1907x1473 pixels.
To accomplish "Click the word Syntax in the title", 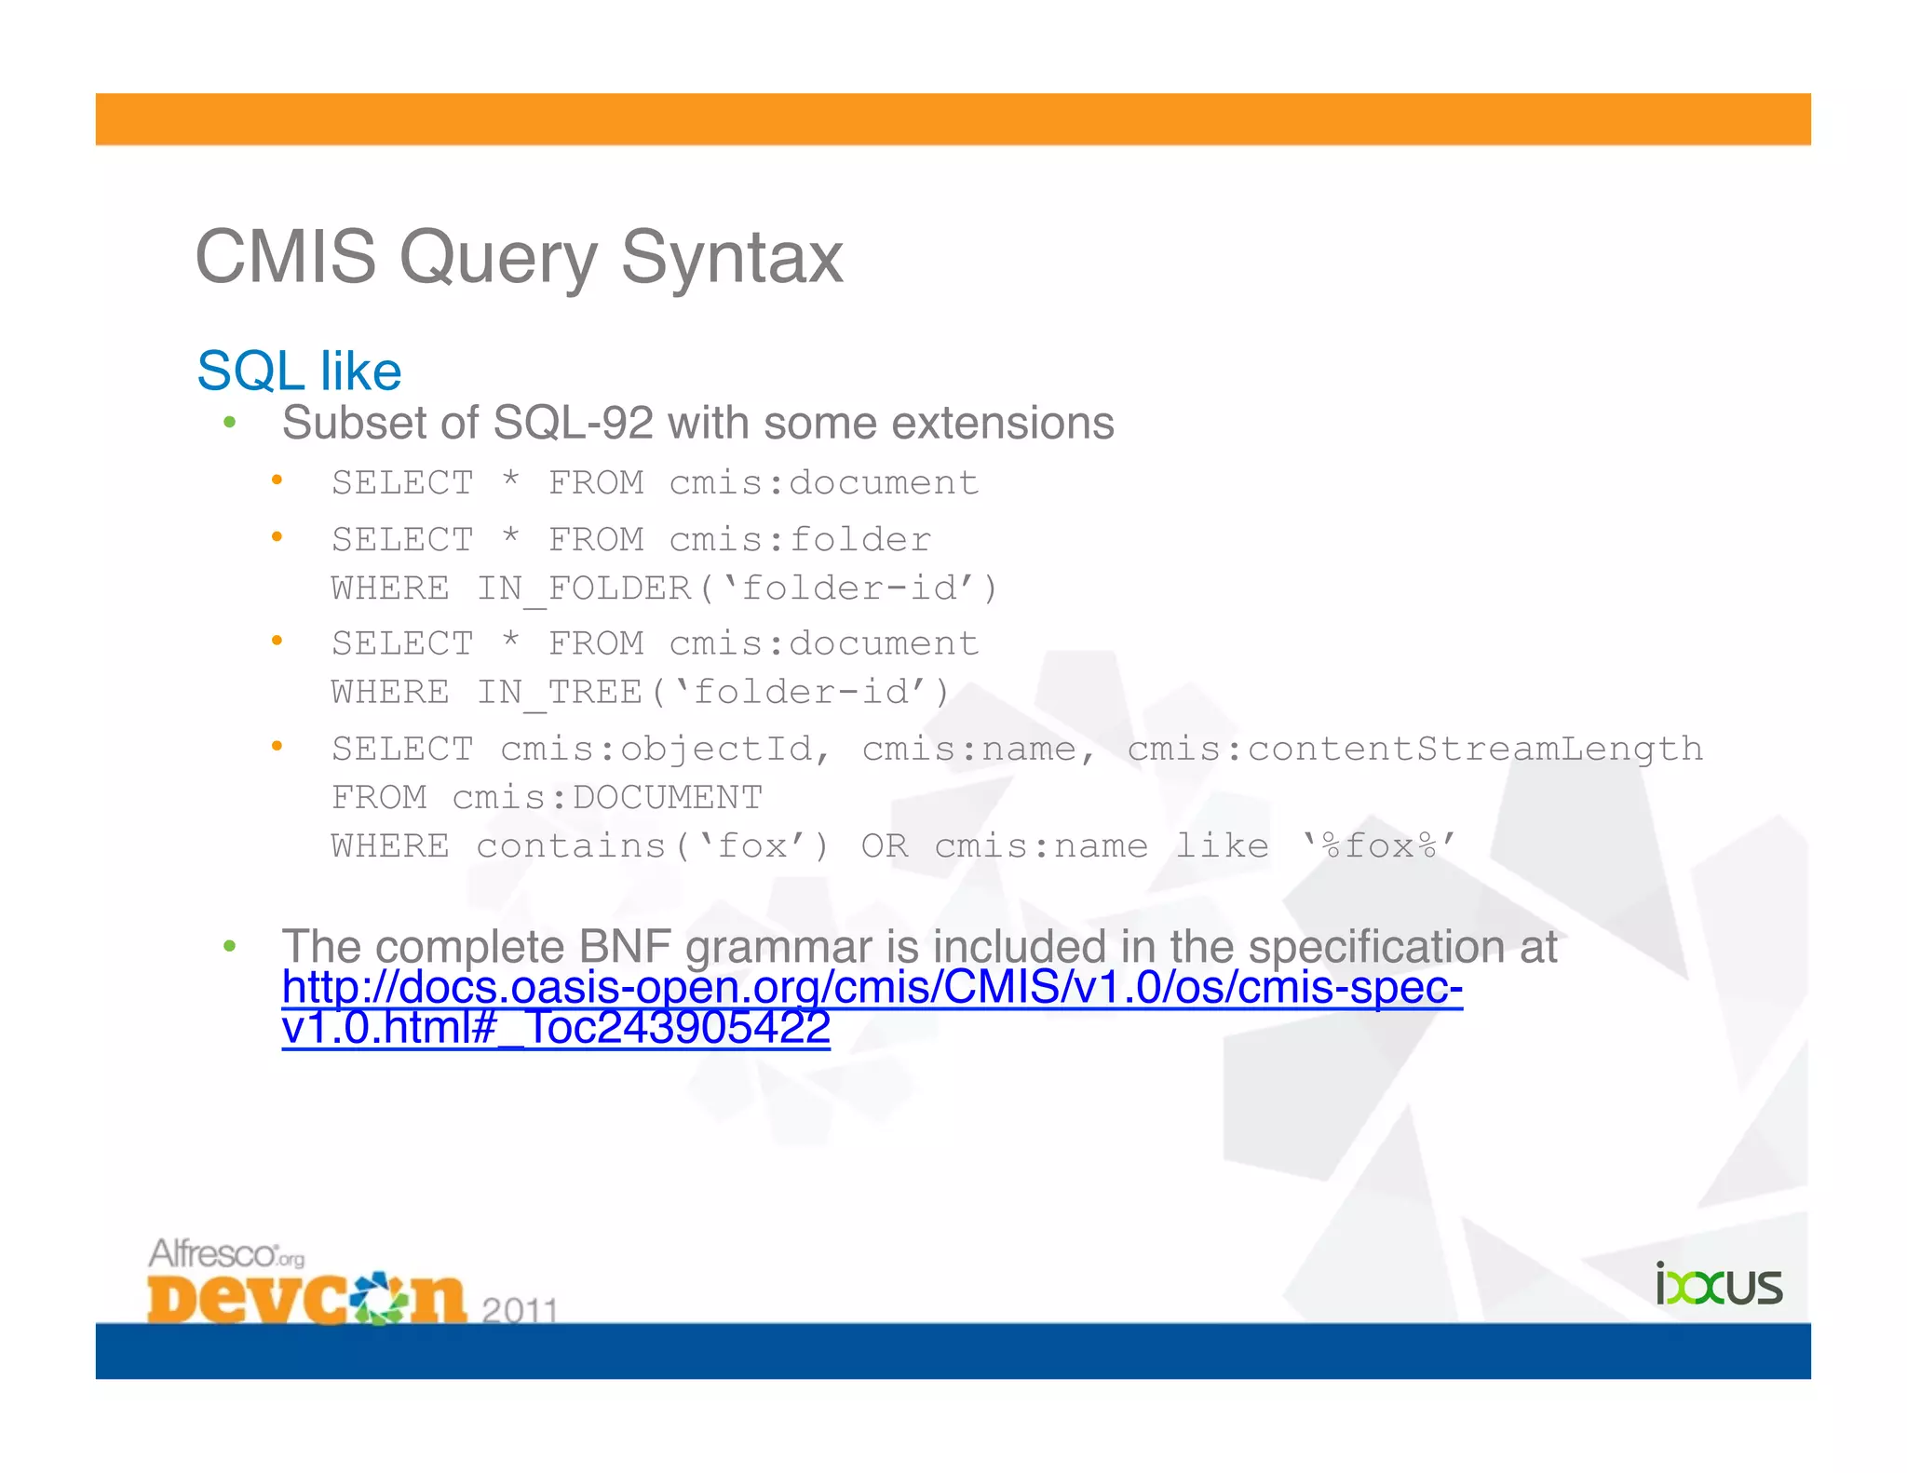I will [731, 258].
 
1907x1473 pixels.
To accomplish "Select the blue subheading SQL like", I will [299, 371].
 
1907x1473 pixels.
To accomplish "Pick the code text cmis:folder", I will [800, 540].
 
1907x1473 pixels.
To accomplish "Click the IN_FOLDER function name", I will [584, 588].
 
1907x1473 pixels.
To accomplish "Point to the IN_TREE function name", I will [560, 693].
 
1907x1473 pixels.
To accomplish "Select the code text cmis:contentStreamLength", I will [1414, 750].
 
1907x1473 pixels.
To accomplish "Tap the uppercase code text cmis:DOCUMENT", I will [607, 798].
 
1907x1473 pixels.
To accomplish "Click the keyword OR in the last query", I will [884, 846].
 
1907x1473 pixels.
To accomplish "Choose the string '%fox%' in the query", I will [1379, 846].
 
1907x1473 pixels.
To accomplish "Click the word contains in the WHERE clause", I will [571, 846].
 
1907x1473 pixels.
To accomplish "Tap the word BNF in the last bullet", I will [624, 947].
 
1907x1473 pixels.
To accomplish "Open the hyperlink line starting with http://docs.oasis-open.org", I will [872, 988].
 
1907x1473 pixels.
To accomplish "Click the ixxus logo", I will [1718, 1285].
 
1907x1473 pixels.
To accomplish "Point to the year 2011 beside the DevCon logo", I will [520, 1310].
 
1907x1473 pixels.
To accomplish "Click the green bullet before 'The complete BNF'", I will [230, 947].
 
